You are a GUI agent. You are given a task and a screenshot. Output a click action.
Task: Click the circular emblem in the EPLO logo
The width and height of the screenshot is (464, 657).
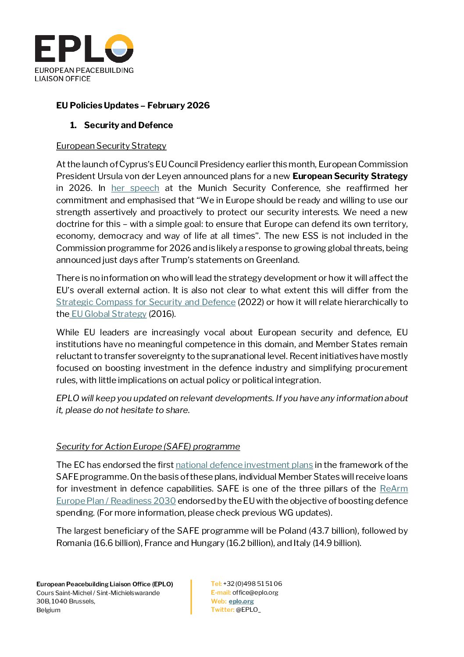pyautogui.click(x=119, y=48)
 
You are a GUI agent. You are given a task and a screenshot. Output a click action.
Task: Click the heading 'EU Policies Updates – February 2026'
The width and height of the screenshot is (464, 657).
pyautogui.click(x=133, y=105)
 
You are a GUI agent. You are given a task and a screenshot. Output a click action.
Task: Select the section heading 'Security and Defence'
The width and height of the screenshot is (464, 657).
pyautogui.click(x=128, y=125)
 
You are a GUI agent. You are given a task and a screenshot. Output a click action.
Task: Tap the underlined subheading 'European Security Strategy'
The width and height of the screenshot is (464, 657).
pyautogui.click(x=111, y=146)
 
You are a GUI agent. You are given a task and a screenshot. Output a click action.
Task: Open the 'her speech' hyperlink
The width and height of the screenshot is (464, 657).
pyautogui.click(x=135, y=188)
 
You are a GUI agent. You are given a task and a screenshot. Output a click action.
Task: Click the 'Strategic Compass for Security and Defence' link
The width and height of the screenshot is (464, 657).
pyautogui.click(x=146, y=302)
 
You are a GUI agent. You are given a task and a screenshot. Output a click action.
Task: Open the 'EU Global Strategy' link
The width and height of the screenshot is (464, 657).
pyautogui.click(x=109, y=314)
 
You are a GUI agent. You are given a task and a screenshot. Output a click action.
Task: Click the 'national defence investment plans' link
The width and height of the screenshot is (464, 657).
pyautogui.click(x=244, y=465)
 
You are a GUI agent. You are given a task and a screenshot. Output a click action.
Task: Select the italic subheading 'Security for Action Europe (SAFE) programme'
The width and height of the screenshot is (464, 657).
pyautogui.click(x=148, y=446)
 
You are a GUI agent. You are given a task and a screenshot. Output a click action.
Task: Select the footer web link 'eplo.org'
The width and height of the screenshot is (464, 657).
pyautogui.click(x=241, y=601)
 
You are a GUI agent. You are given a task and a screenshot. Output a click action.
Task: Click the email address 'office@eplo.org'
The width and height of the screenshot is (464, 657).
pyautogui.click(x=255, y=592)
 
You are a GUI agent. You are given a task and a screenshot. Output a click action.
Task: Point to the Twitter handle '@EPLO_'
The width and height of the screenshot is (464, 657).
pyautogui.click(x=248, y=610)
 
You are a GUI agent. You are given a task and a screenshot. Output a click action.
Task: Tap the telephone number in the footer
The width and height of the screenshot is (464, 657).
pyautogui.click(x=253, y=584)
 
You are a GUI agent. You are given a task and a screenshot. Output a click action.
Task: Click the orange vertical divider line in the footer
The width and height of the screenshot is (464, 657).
pyautogui.click(x=191, y=597)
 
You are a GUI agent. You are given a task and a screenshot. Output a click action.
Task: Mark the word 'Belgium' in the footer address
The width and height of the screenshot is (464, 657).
pyautogui.click(x=49, y=610)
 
